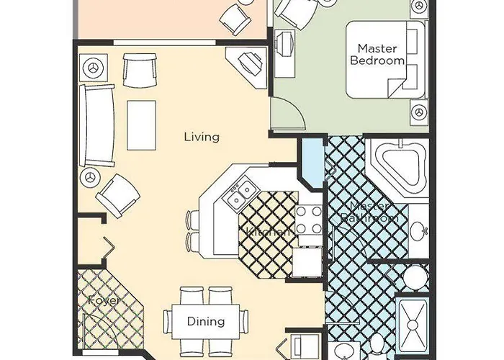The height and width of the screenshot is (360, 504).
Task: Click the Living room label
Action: coord(202,137)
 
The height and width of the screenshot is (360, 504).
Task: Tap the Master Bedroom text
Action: coord(377,55)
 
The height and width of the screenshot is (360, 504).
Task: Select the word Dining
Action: coord(206,322)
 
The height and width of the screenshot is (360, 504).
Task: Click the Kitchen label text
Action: coord(268,232)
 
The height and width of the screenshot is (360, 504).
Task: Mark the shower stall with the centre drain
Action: coord(414,328)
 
